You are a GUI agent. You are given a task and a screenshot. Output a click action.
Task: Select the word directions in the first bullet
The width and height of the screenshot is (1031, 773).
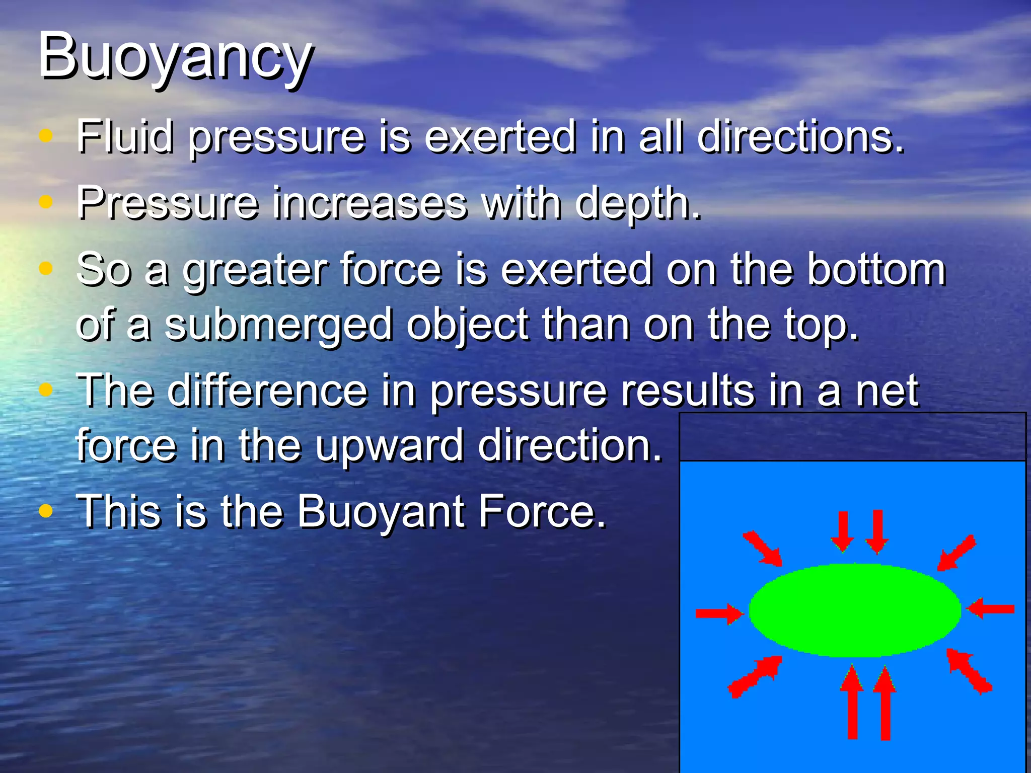[x=800, y=136]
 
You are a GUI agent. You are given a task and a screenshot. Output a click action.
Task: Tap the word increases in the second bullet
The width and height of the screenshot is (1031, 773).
[x=370, y=203]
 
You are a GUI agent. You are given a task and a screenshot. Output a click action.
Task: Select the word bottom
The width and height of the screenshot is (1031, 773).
[x=876, y=270]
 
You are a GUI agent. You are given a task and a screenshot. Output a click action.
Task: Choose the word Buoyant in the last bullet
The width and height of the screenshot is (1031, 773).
[x=381, y=512]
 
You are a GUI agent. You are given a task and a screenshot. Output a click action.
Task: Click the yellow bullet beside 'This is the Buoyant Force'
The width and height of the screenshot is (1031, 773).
[x=46, y=511]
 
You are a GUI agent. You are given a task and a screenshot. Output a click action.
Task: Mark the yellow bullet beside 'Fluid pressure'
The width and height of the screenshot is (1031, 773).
[x=46, y=136]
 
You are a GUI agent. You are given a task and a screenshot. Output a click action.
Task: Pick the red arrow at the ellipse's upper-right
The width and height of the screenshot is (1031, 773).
[x=956, y=553]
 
